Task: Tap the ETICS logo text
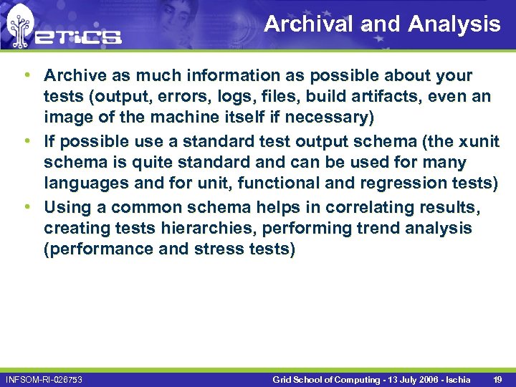[x=78, y=37]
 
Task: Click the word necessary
[x=333, y=117]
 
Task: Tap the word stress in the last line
[x=219, y=249]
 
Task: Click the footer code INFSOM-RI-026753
[x=44, y=378]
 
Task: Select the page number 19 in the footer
[x=497, y=378]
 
